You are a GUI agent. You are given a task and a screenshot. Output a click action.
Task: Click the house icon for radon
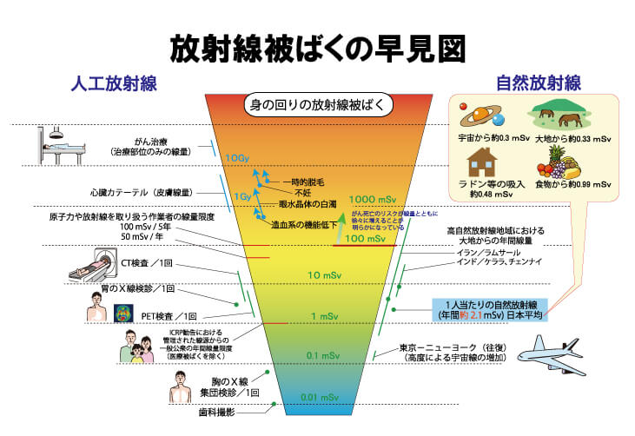pos(480,161)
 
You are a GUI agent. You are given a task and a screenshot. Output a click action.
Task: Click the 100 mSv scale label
pos(365,238)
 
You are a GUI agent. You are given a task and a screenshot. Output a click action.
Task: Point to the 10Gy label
pos(237,158)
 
